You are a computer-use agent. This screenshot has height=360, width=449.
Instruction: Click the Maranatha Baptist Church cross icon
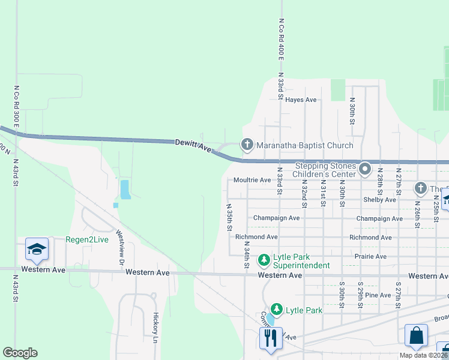(247, 145)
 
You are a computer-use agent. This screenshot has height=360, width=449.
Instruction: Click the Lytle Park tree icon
(276, 310)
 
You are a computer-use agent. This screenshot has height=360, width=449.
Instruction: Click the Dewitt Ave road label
(193, 145)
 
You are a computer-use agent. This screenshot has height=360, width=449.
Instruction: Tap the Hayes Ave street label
(301, 100)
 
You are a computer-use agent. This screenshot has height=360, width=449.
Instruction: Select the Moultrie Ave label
(252, 180)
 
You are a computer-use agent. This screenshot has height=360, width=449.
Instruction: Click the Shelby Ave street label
(379, 199)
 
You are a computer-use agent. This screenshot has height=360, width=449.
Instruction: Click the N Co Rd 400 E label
(281, 38)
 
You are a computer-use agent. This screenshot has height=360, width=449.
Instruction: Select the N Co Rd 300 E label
(16, 107)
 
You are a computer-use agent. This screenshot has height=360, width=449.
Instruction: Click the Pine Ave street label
(378, 295)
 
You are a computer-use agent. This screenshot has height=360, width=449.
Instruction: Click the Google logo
(20, 353)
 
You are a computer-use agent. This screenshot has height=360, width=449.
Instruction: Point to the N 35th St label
(229, 217)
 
